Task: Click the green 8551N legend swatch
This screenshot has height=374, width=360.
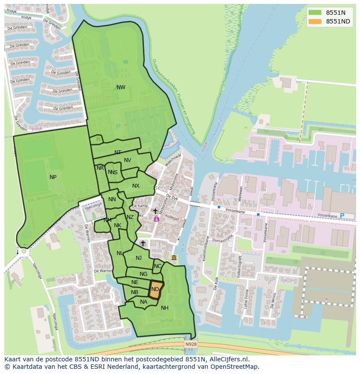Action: [x=315, y=13]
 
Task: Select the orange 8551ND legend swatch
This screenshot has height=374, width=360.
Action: [x=315, y=21]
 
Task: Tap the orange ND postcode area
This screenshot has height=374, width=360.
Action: [x=156, y=289]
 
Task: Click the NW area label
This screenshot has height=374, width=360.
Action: [x=121, y=87]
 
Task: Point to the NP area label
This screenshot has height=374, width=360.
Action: [x=53, y=177]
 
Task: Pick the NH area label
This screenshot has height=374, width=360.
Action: [x=164, y=308]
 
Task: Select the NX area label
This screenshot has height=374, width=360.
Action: [x=136, y=186]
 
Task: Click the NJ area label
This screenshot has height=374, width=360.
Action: [x=139, y=258]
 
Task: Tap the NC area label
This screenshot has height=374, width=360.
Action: [x=157, y=266]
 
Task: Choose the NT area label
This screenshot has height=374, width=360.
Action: [x=118, y=152]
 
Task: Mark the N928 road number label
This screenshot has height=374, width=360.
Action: [x=190, y=344]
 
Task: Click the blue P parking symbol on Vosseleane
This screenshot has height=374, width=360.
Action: [x=341, y=216]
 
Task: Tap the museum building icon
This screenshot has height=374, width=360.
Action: [x=174, y=258]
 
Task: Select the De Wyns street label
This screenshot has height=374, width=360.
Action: [x=273, y=300]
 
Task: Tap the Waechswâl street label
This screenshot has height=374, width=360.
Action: [x=172, y=161]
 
